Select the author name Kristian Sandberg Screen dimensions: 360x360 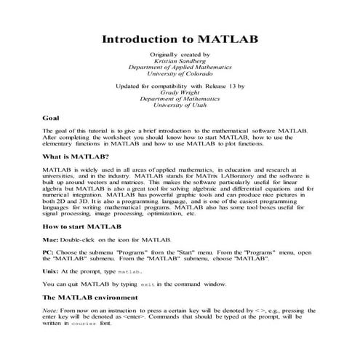point(180,61)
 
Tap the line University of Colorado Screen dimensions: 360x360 point(180,73)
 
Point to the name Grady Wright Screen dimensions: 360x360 point(180,92)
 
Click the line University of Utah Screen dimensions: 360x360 point(180,105)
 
